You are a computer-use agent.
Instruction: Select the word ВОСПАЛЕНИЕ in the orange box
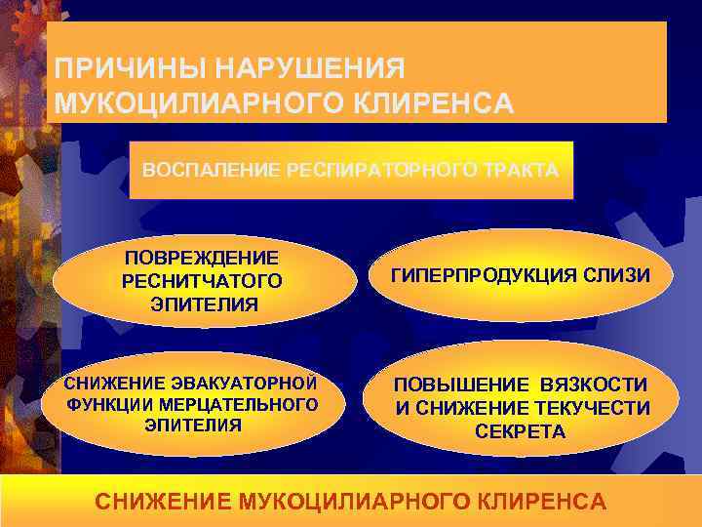coord(198,170)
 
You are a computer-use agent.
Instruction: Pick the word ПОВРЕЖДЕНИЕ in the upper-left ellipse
coord(202,258)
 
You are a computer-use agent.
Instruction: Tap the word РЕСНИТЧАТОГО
coord(202,281)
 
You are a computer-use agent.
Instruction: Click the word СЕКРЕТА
coord(520,431)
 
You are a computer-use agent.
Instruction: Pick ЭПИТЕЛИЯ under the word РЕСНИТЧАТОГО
coord(204,304)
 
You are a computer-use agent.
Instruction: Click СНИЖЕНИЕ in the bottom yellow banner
coord(158,502)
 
